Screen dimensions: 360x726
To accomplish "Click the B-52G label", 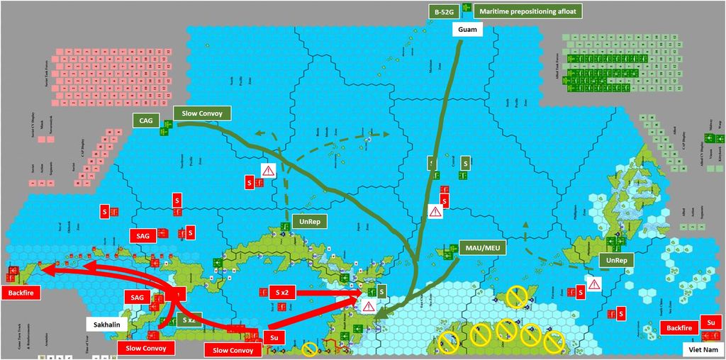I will [443, 11].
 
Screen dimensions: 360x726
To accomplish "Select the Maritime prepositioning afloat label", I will [527, 11].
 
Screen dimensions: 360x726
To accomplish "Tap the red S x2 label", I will [281, 291].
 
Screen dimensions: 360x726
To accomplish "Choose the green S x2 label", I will [189, 320].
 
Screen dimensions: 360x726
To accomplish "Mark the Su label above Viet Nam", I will [710, 322].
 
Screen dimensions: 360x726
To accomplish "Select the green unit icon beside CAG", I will [168, 127].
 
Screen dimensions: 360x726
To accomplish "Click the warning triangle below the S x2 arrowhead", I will [369, 306].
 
